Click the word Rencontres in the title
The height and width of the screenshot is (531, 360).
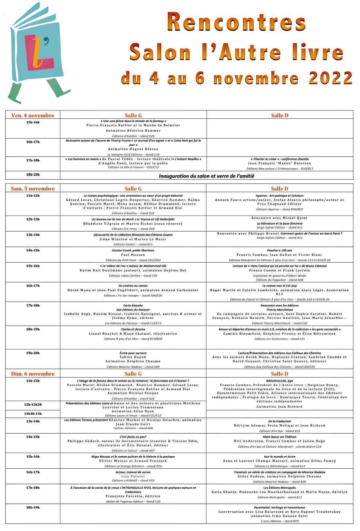coord(237,22)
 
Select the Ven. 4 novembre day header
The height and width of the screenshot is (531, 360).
coord(33,115)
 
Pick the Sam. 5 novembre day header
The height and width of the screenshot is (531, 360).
coord(33,189)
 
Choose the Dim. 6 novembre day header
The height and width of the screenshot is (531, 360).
coord(33,374)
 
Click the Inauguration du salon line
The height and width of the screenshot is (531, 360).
coord(206,176)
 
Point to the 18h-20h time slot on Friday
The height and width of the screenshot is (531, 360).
coord(33,175)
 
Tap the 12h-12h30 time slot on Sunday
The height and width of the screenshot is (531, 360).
coord(33,404)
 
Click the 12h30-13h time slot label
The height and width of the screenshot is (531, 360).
coord(33,413)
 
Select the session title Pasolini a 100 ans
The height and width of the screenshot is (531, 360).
coord(279,250)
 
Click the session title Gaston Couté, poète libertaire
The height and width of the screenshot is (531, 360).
coord(133,250)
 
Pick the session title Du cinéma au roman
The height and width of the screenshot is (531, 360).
coord(133,286)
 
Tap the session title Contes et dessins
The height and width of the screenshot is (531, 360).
coord(133,329)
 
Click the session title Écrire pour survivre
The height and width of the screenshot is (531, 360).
coord(133,353)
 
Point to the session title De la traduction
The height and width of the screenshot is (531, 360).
coord(279,421)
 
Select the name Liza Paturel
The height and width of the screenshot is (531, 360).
coord(133,476)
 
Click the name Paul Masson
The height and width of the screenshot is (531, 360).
coord(133,255)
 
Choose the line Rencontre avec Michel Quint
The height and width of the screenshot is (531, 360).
coord(279,218)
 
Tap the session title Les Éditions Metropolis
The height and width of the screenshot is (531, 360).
coord(279,488)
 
